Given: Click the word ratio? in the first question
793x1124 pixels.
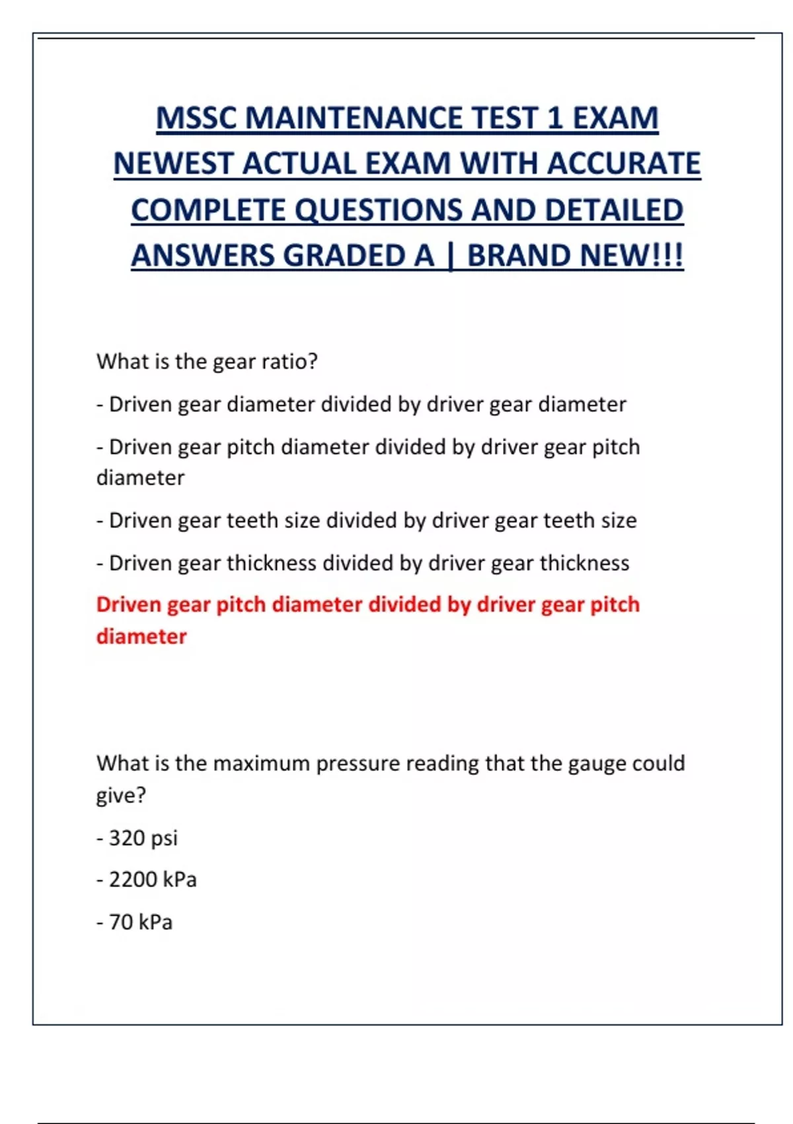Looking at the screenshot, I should (x=289, y=362).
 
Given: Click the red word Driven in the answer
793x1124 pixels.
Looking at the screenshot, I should (x=128, y=604).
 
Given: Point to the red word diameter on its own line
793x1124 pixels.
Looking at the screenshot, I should (x=141, y=636).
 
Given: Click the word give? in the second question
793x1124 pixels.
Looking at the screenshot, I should (x=121, y=795).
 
